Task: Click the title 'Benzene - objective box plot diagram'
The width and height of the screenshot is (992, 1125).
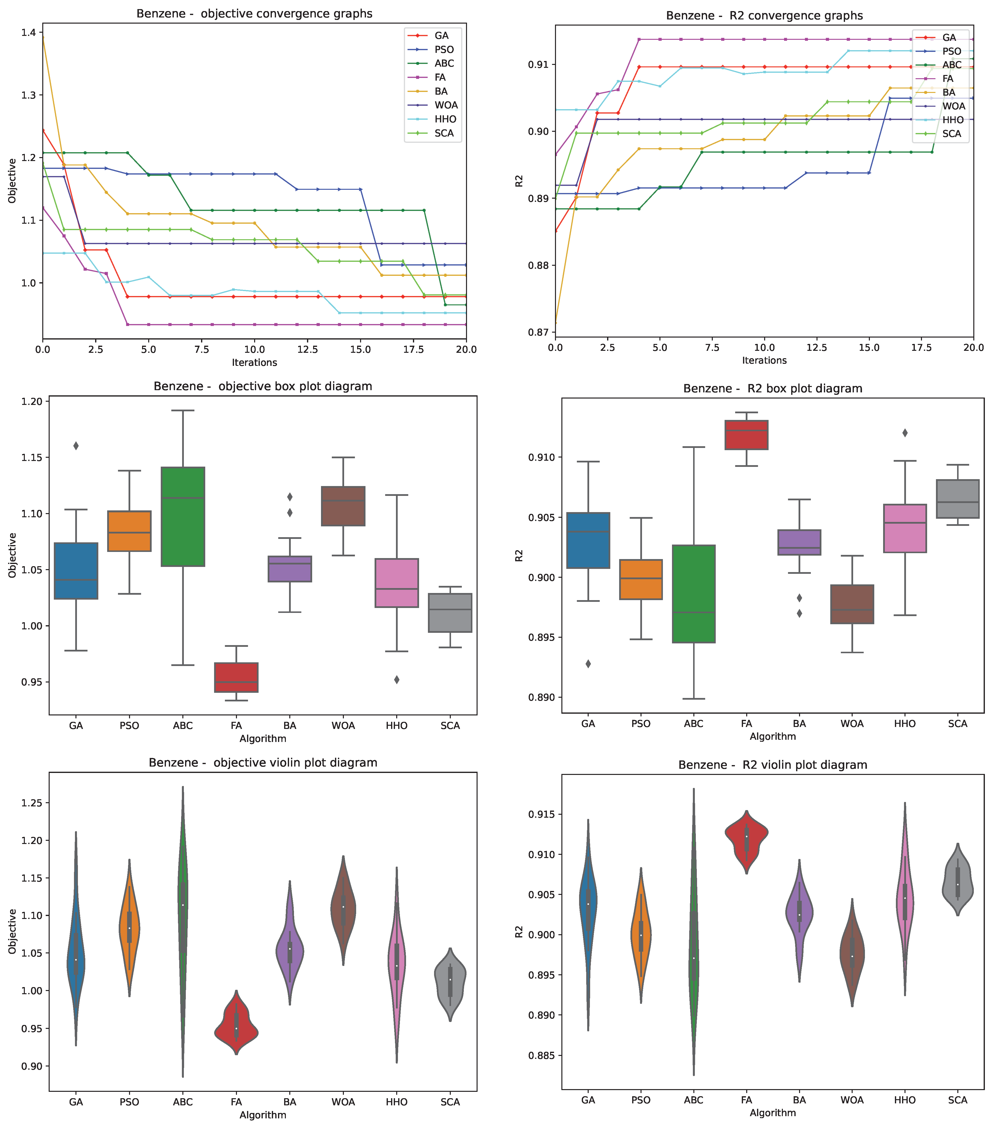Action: (263, 386)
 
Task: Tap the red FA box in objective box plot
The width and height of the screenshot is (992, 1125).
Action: (236, 677)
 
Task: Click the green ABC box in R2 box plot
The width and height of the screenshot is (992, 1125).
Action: (694, 594)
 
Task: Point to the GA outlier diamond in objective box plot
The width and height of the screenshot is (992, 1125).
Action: (76, 446)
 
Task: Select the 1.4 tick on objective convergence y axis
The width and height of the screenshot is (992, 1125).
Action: (29, 32)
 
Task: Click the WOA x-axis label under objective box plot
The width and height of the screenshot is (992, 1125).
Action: (343, 725)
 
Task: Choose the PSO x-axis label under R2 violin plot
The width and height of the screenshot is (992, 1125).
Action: (641, 1100)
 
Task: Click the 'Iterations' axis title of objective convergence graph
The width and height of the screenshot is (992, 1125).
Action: (254, 363)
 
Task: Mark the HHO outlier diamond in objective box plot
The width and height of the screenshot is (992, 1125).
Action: (397, 680)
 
